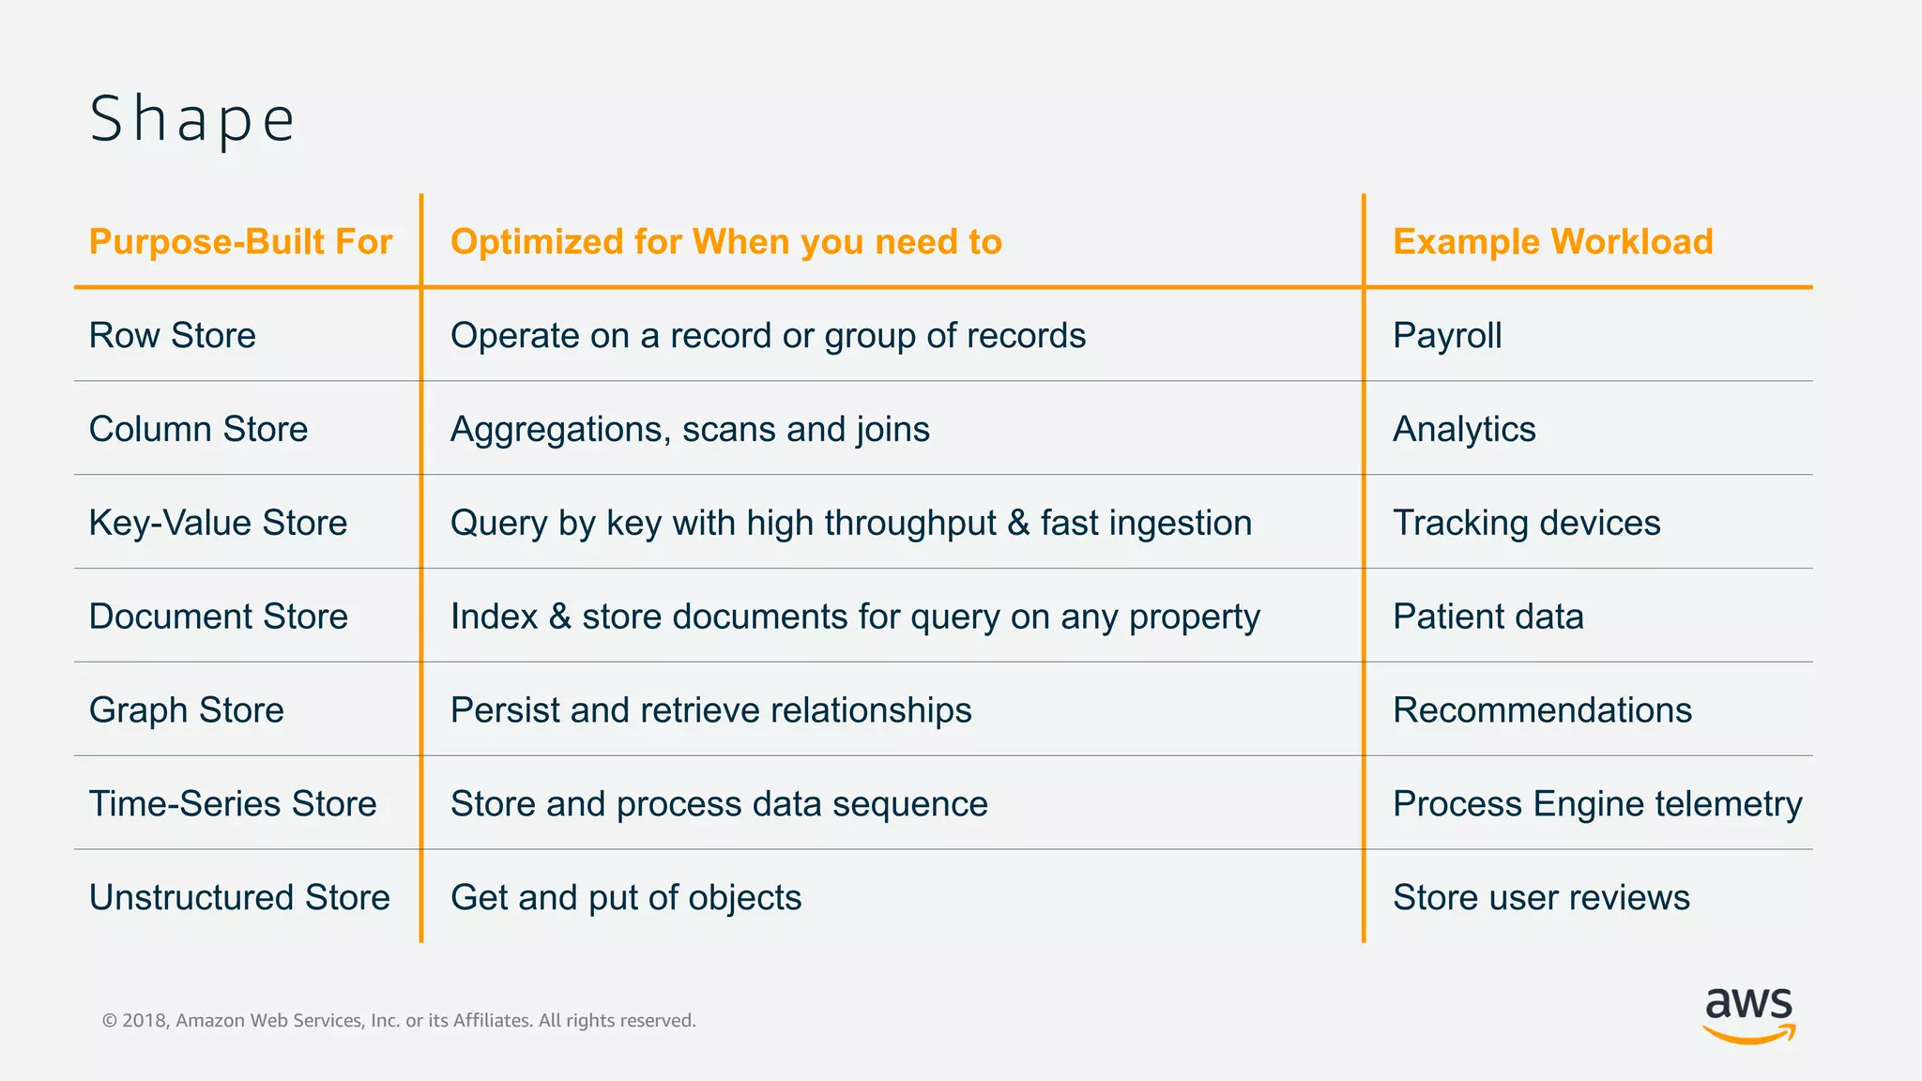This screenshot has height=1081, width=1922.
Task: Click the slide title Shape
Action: (192, 119)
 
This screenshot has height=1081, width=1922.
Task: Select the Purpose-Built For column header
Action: (240, 242)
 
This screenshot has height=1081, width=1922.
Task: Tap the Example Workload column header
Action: (1552, 242)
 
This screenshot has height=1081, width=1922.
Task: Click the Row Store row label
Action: (173, 336)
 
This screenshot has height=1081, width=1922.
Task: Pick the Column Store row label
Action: (198, 430)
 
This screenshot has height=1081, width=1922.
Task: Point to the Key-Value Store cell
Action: (218, 524)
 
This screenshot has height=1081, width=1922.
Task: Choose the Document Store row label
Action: (218, 617)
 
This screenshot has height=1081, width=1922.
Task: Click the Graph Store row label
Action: (186, 710)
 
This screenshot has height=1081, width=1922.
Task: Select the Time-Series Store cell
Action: (233, 804)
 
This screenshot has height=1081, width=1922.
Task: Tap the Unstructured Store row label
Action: (239, 898)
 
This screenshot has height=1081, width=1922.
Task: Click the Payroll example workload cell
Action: (1446, 336)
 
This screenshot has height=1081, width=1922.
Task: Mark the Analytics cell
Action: (1464, 430)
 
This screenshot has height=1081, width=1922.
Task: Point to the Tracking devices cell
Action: (1526, 524)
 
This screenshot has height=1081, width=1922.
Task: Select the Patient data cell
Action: (1487, 617)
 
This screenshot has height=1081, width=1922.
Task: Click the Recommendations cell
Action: (1542, 710)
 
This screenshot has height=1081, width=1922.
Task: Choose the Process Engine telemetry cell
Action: (1596, 804)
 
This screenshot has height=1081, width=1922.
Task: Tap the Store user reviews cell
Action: (1541, 898)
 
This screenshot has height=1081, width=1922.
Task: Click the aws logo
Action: (1748, 1014)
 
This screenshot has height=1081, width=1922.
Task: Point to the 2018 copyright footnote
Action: (399, 1021)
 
